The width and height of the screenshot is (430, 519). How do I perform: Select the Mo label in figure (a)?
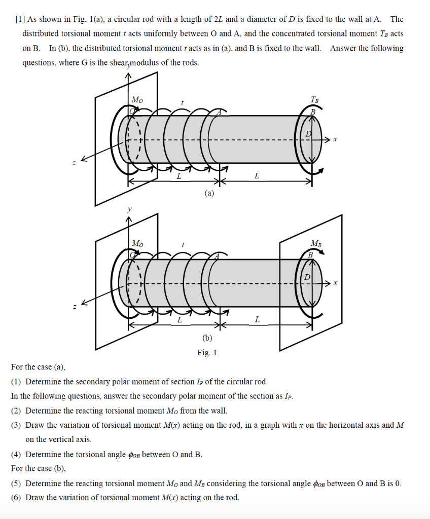[x=137, y=99]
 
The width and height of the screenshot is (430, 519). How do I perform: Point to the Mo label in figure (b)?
[x=137, y=243]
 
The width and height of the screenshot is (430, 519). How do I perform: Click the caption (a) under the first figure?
[x=209, y=193]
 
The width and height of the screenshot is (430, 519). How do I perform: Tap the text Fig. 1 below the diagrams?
[x=207, y=353]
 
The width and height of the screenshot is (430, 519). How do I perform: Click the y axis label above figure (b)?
[x=129, y=209]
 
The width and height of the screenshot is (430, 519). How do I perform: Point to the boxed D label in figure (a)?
[x=308, y=133]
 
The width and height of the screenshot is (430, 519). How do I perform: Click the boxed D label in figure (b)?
[x=307, y=277]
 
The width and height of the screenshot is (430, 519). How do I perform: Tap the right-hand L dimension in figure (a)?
[x=257, y=176]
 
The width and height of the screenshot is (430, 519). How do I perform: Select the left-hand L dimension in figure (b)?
[x=178, y=320]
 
